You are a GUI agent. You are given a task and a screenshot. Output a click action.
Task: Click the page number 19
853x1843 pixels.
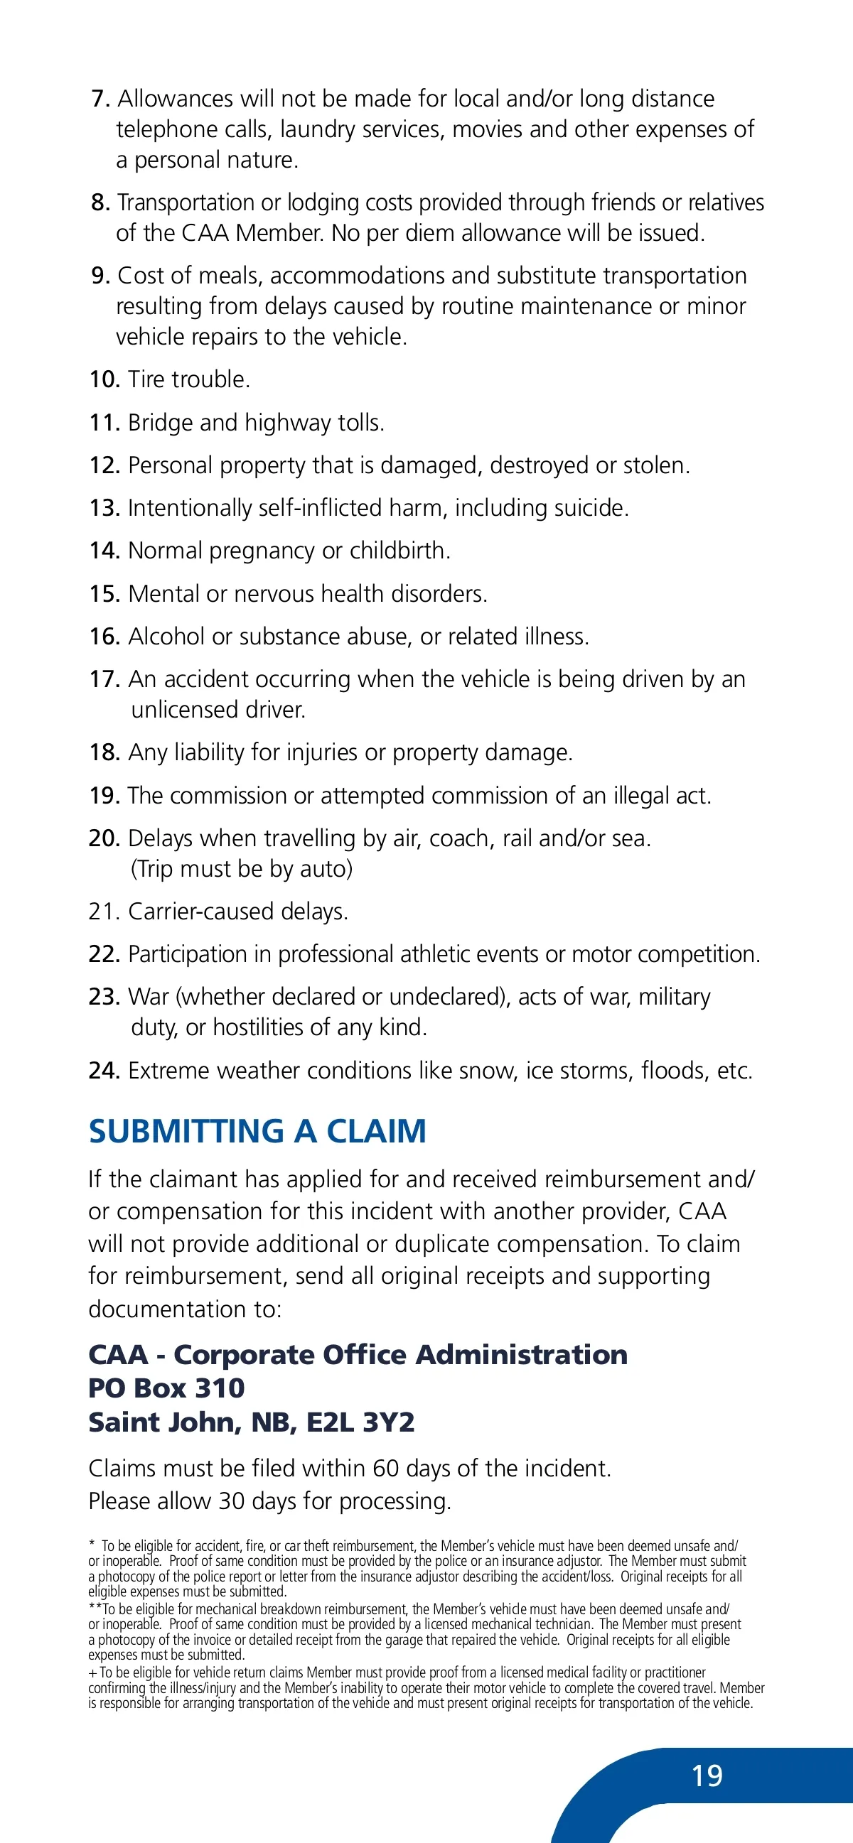tap(707, 1776)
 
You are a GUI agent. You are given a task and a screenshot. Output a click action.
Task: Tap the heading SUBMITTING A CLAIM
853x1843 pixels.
tap(257, 1132)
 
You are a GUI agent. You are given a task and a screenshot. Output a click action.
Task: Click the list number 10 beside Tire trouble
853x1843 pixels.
tap(104, 379)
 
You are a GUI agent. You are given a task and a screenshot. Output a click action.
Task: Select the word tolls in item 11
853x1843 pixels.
tap(360, 423)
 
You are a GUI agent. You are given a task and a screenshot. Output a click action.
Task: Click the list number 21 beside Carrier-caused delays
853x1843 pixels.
tap(104, 912)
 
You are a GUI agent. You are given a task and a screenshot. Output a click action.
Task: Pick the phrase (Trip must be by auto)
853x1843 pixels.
tap(242, 868)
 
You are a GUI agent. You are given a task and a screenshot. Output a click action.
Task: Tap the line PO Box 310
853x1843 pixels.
tap(166, 1389)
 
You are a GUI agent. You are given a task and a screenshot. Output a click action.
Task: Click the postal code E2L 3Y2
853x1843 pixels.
tap(360, 1422)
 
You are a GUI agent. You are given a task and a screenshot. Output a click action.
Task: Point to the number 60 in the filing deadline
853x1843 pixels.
tap(386, 1469)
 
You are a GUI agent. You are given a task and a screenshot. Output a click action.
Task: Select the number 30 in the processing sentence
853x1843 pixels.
tap(232, 1501)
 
